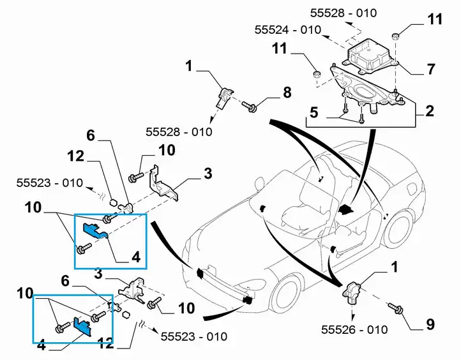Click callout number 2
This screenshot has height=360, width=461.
[429, 111]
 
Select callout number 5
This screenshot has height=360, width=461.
[314, 112]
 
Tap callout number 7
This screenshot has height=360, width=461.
[431, 69]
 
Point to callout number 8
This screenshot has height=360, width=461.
[287, 93]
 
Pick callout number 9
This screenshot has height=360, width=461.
[430, 324]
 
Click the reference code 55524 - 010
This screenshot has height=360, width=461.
[288, 30]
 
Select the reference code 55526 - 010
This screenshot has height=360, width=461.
[354, 329]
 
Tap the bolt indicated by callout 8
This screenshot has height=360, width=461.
[249, 107]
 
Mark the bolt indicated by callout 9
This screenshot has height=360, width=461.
[395, 308]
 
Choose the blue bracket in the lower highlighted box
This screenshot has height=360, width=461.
[82, 326]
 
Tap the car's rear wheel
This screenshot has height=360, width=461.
[399, 230]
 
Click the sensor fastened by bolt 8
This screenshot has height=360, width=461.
[224, 96]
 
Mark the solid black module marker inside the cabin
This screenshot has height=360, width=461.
[346, 209]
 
